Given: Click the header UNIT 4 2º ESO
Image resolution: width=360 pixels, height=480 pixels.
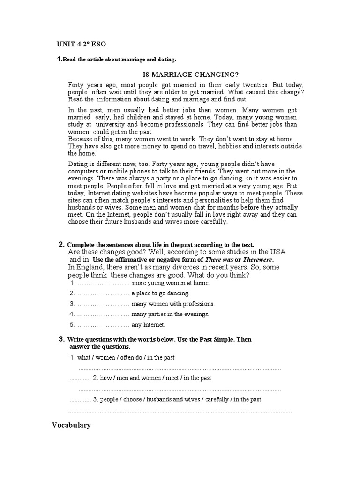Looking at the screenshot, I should (x=81, y=45).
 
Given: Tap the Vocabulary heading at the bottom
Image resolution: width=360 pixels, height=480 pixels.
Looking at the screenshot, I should (x=71, y=425).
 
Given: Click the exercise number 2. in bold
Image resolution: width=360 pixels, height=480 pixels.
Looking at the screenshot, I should (x=61, y=245).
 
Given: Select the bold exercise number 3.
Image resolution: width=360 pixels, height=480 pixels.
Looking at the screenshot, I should (x=61, y=339).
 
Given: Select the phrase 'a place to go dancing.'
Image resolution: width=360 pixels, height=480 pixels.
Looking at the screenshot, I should (x=160, y=293).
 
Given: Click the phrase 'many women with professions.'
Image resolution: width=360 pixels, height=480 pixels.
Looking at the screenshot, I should (x=173, y=304).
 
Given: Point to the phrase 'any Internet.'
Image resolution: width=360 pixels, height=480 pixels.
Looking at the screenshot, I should (x=149, y=325).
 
